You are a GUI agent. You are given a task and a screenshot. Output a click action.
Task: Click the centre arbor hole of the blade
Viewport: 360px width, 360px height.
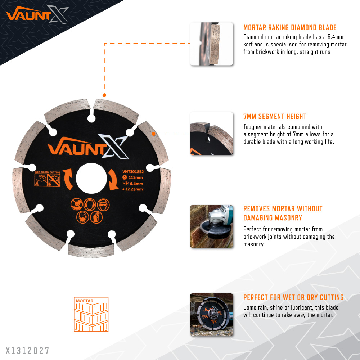tap(91, 179)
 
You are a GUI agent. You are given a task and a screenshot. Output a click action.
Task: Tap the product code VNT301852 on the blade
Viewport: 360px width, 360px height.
tap(133, 172)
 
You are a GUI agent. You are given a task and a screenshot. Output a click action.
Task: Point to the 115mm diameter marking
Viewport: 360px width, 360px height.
tap(133, 177)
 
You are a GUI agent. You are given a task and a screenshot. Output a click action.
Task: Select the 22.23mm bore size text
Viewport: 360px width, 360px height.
tap(133, 189)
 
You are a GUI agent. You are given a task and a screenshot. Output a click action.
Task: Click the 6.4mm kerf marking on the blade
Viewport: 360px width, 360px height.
tap(133, 184)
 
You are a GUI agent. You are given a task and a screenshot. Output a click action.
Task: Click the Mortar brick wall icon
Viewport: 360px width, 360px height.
tap(91, 314)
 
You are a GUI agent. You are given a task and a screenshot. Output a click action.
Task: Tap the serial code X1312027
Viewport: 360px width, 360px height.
tap(27, 351)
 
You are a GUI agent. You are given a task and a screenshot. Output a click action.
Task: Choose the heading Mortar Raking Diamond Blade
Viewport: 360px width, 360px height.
tap(290, 28)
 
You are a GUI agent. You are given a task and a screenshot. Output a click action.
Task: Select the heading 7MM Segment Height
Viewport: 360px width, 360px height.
tap(275, 117)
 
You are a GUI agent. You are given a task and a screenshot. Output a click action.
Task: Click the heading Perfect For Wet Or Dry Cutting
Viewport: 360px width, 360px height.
tap(293, 297)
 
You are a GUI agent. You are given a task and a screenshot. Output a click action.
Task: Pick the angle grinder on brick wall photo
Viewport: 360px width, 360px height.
tap(211, 226)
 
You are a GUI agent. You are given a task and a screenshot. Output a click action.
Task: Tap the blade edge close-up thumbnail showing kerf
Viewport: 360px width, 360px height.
tap(211, 44)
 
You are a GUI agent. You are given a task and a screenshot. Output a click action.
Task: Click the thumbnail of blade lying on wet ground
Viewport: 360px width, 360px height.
tap(211, 315)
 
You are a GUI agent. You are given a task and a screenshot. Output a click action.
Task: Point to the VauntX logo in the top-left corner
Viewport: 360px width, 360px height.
tap(38, 14)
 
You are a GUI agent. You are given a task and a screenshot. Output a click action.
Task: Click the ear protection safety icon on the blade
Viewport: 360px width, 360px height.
tap(90, 204)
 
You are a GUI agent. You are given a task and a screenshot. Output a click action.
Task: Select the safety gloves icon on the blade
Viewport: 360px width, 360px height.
tap(96, 217)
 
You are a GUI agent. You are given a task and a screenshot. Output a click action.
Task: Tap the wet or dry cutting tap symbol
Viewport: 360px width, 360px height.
tap(47, 180)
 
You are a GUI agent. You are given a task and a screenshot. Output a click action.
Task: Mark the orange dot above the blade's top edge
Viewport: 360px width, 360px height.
tap(104, 95)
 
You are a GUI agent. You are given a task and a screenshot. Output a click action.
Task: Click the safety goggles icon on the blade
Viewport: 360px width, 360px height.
tap(103, 204)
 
